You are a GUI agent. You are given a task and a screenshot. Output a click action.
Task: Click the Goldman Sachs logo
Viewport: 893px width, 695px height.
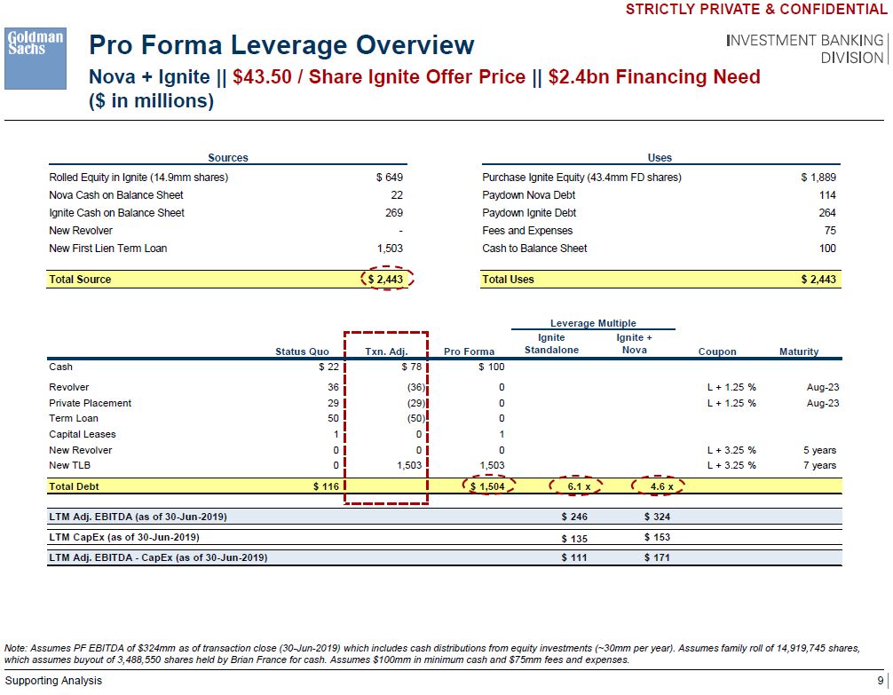point(36,58)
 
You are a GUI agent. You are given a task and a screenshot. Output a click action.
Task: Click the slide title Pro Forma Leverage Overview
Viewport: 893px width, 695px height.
point(281,45)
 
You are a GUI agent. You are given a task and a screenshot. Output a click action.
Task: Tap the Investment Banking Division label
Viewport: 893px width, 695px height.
point(805,49)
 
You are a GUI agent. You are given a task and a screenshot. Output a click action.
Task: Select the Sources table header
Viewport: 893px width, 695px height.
point(228,158)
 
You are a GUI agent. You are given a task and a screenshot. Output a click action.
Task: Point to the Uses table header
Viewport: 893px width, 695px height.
point(660,158)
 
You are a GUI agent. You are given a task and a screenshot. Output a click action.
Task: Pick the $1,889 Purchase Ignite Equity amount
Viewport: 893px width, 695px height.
point(818,178)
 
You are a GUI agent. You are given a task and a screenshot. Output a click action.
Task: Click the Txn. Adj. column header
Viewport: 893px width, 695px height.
point(386,351)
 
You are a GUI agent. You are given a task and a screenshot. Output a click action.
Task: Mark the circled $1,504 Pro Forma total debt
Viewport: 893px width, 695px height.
point(487,486)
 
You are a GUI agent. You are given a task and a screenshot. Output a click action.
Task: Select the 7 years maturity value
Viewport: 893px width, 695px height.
point(819,465)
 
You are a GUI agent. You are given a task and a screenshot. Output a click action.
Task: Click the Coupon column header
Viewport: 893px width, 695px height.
point(717,351)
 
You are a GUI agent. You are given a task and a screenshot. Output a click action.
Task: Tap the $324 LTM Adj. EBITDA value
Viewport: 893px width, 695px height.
point(657,516)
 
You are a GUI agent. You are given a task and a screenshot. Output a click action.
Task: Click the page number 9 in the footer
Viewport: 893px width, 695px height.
point(879,681)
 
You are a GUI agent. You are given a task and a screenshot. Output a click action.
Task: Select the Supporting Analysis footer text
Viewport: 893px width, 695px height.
point(53,681)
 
